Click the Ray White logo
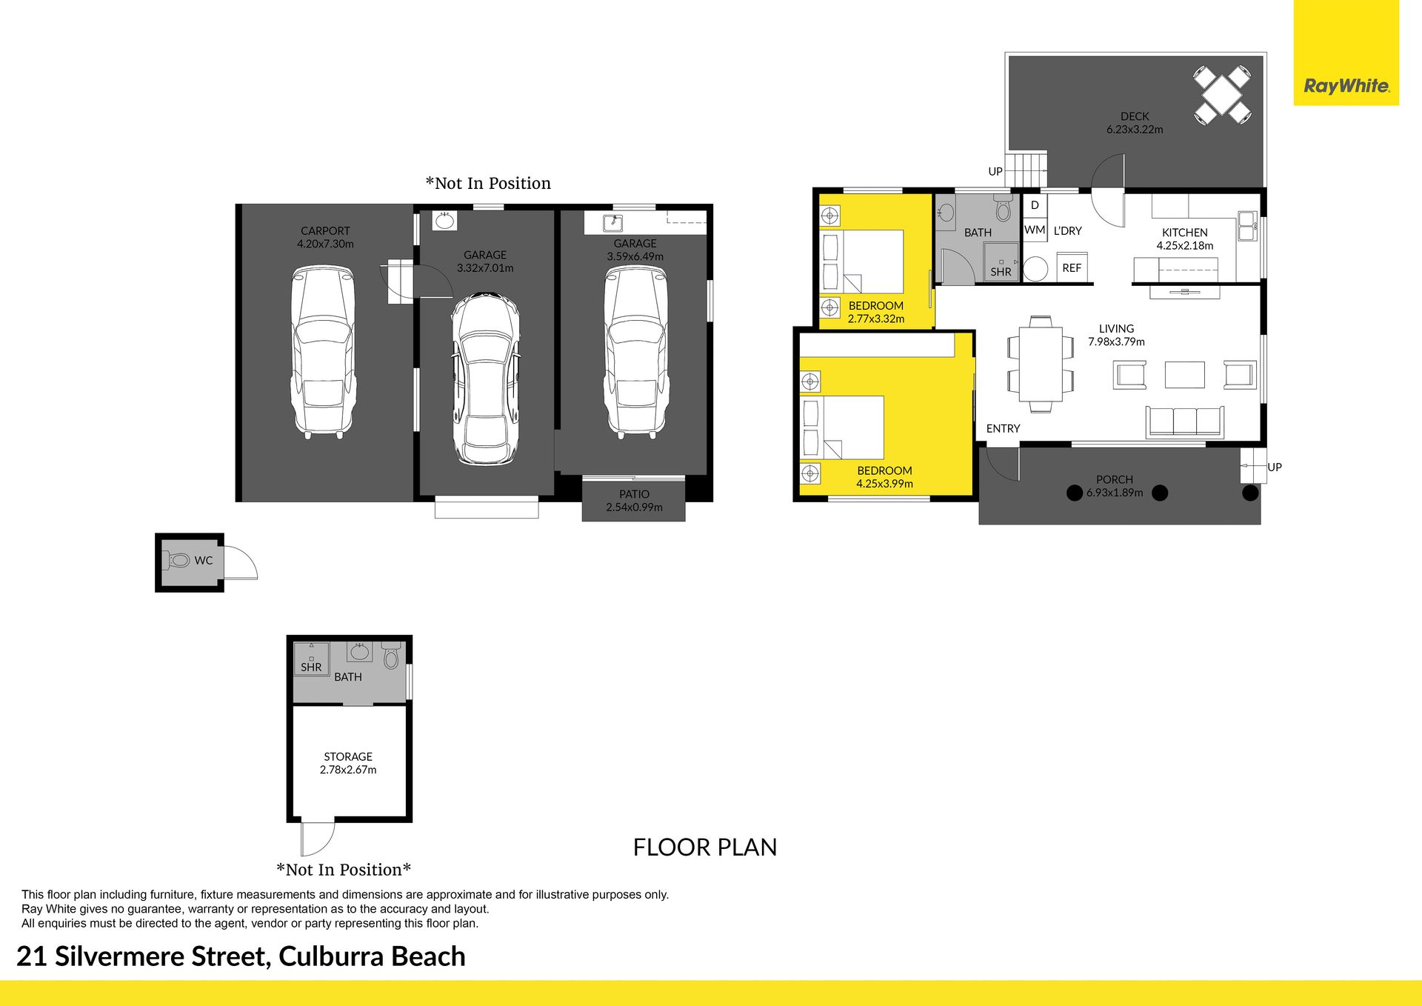1346,86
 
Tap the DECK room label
1135,116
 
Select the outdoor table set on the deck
1223,95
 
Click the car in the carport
324,352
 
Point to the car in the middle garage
486,379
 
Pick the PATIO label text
635,494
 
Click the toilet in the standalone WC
178,561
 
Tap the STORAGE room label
348,756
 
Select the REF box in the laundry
1072,267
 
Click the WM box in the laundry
1035,230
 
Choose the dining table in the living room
1040,364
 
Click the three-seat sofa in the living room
1184,422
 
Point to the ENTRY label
1003,428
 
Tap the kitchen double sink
1247,226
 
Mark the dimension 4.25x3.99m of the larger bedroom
884,484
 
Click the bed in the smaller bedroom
863,262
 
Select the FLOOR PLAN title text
705,847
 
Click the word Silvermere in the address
158,956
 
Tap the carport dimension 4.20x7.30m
325,244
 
